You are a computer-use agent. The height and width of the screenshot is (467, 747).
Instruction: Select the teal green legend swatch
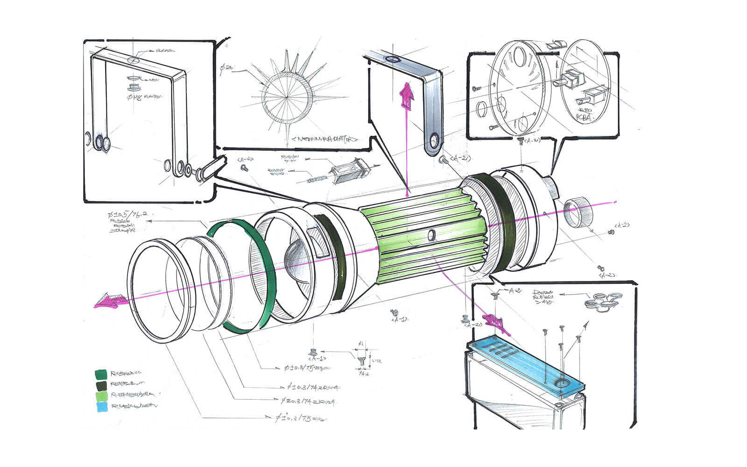tap(101, 375)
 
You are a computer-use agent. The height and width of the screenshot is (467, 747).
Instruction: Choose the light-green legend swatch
tap(101, 396)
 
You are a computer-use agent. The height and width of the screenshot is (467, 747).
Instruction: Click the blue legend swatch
tap(101, 407)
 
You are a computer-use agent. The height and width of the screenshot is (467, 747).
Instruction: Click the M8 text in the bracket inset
tap(136, 97)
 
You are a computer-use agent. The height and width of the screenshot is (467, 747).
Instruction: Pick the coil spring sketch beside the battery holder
tap(317, 178)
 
